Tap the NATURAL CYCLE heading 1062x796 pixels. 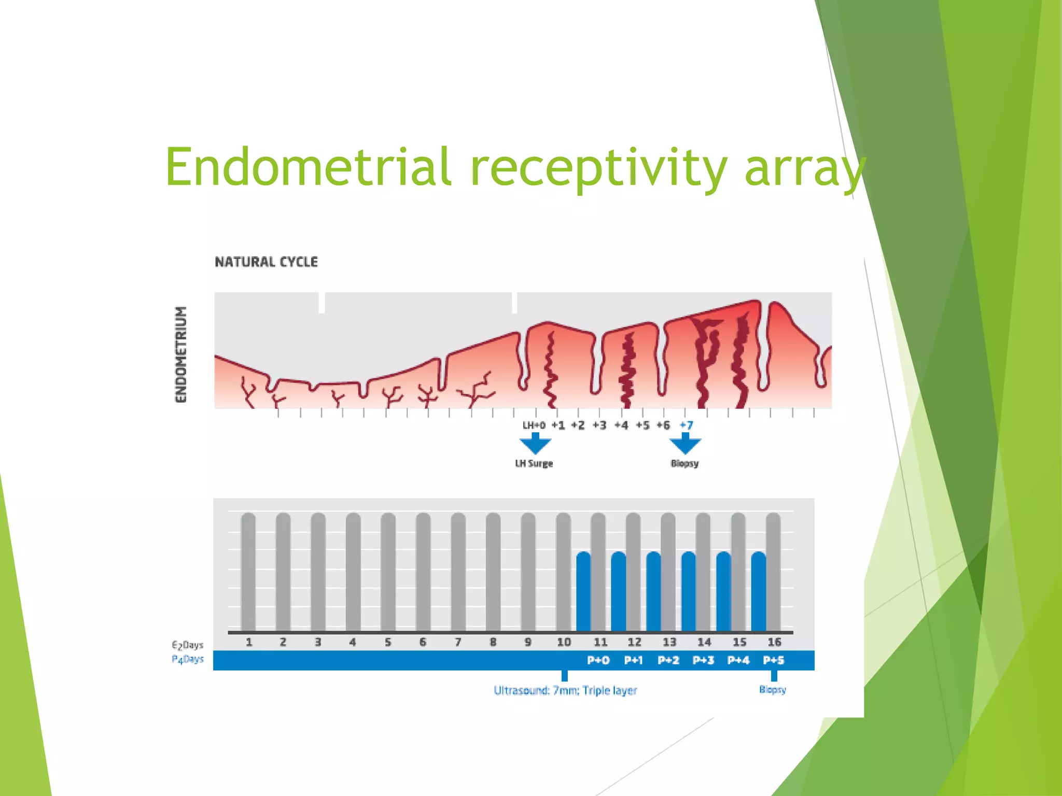266,262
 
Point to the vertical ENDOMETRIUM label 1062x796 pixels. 180,354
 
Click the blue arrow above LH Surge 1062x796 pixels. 535,444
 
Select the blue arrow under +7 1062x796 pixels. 685,444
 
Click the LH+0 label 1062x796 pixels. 534,425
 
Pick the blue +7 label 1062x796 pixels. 686,425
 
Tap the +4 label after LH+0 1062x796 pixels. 621,425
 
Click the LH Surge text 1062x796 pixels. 534,463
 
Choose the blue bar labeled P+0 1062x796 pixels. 583,591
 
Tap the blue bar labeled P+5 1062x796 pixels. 758,591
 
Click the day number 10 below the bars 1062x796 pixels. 564,642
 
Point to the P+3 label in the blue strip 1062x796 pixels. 703,660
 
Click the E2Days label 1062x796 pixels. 188,645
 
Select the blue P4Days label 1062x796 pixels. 188,659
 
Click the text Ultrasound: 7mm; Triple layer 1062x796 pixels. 565,690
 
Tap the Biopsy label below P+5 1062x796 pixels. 773,690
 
